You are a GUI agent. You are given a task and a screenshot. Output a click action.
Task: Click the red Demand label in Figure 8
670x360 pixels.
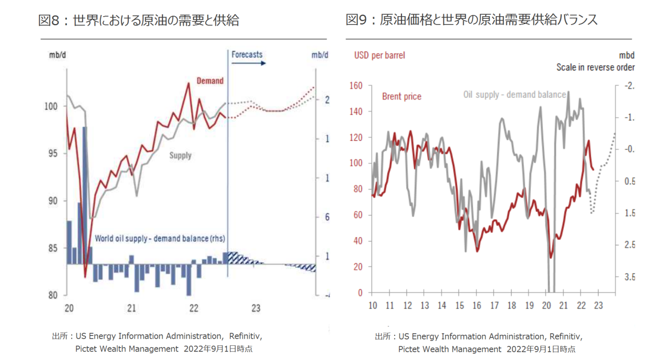click(210, 81)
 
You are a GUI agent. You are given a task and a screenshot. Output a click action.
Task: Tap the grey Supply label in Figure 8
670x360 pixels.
click(180, 155)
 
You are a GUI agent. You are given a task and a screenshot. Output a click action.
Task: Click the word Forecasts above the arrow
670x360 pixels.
click(247, 54)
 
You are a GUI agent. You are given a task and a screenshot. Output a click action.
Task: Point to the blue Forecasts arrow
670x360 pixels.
click(249, 63)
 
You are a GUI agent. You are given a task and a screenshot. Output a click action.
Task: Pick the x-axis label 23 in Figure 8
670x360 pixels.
click(255, 308)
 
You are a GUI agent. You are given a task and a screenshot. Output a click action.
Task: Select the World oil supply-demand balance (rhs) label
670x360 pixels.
click(160, 239)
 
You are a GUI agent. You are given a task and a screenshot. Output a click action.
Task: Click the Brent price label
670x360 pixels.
click(401, 96)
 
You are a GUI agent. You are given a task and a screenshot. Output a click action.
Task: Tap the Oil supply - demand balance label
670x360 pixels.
click(515, 95)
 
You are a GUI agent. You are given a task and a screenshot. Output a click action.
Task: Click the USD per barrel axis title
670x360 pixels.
click(379, 55)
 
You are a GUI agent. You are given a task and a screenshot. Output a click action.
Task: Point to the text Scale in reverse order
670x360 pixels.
click(595, 67)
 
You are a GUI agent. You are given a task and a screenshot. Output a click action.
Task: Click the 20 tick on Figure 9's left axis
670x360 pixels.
click(358, 267)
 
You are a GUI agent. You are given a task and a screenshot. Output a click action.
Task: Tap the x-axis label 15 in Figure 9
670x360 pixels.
click(460, 306)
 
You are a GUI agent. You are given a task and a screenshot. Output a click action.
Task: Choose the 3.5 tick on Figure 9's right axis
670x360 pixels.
click(627, 277)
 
